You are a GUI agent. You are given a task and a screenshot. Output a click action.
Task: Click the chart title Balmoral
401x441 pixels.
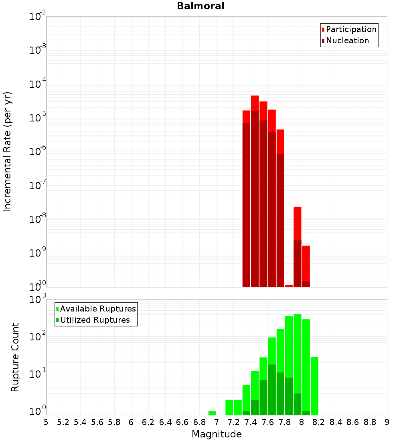[x=200, y=6]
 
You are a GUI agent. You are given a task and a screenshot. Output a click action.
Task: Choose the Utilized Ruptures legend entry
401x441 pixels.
[x=95, y=320]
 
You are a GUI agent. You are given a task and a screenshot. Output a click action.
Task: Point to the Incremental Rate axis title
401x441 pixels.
[x=8, y=152]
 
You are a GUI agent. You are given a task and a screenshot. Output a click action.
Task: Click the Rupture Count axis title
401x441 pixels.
[x=15, y=357]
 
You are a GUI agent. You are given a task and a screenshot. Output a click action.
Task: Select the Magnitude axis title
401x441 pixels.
[x=217, y=434]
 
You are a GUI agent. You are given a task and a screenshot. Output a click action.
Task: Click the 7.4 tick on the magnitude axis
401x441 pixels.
[x=251, y=422]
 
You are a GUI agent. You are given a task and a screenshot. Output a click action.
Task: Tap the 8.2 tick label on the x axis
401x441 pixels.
[x=319, y=422]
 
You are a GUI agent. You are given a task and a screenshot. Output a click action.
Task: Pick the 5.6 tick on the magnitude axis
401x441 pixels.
[x=97, y=422]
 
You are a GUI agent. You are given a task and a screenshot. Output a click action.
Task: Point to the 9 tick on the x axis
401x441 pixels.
[x=387, y=422]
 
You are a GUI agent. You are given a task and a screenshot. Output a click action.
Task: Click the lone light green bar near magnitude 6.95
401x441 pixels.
[x=212, y=413]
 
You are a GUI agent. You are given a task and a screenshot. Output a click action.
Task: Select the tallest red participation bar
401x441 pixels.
[x=255, y=103]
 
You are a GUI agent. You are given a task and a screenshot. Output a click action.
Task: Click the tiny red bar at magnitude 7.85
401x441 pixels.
[x=289, y=286]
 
